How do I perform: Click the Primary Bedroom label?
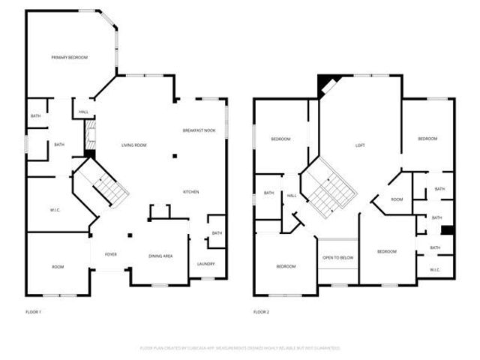click(x=70, y=58)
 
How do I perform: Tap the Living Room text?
click(x=133, y=145)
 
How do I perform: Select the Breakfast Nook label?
click(x=199, y=130)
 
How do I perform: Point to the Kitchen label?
click(x=191, y=192)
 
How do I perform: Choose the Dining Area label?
click(x=160, y=256)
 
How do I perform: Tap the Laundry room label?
click(x=205, y=263)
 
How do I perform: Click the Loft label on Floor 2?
click(x=359, y=145)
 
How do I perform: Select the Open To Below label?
click(x=338, y=257)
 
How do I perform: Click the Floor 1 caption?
click(x=34, y=311)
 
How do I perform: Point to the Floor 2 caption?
click(x=261, y=311)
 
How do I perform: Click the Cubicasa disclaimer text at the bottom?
click(x=240, y=348)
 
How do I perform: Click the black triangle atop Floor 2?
click(x=325, y=83)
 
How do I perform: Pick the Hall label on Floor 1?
click(x=83, y=112)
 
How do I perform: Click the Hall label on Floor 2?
click(x=292, y=196)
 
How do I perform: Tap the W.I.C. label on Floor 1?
click(x=55, y=209)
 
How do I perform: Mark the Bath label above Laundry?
click(x=216, y=233)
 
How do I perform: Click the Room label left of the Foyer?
click(x=58, y=267)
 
